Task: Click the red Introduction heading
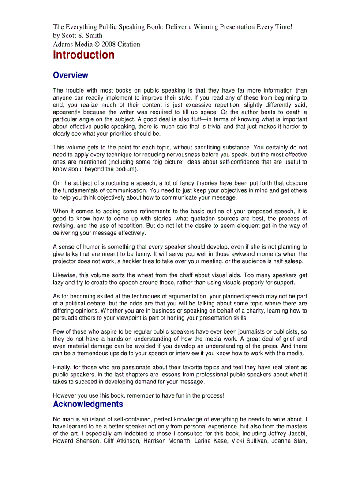click(x=84, y=55)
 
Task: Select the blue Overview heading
click(x=70, y=75)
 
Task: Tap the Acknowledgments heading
click(x=88, y=404)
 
